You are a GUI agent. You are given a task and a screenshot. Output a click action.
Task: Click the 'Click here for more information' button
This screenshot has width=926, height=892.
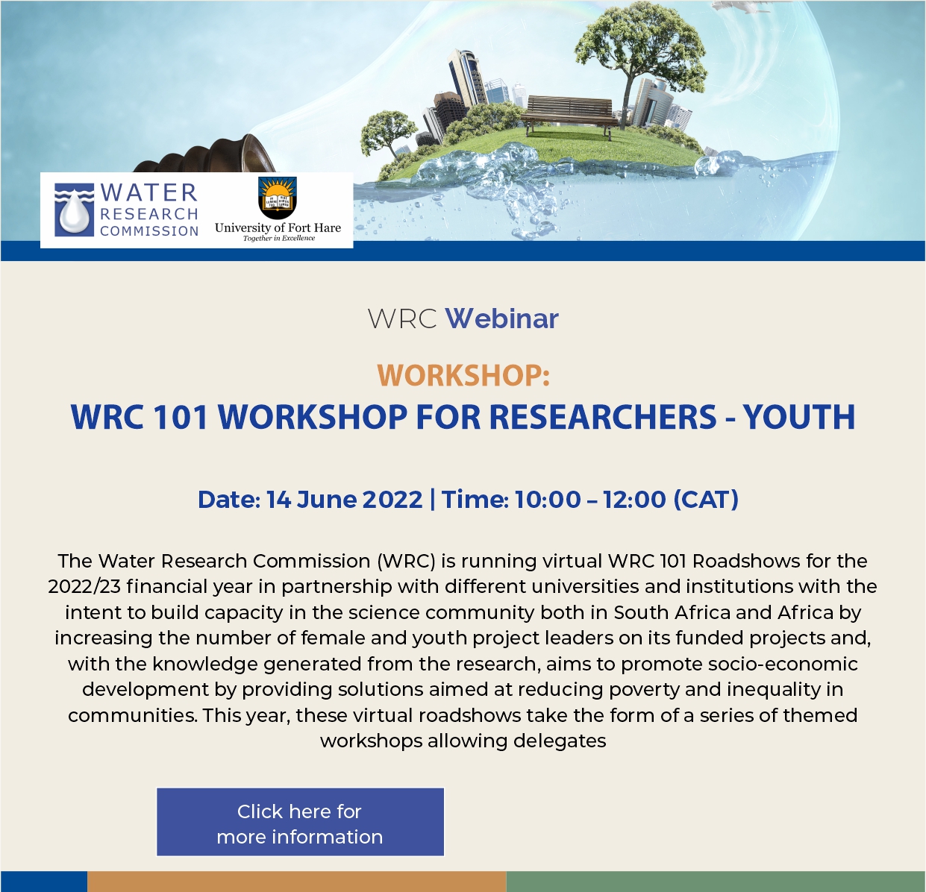(300, 822)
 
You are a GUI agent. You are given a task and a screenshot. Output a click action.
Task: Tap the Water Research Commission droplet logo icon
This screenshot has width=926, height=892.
(74, 210)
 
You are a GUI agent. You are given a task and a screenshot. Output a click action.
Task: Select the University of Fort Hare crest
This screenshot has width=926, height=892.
(277, 198)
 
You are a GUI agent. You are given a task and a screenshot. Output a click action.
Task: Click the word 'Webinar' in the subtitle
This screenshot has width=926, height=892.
(501, 318)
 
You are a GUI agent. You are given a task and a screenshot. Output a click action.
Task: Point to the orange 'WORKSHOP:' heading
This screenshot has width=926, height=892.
(463, 375)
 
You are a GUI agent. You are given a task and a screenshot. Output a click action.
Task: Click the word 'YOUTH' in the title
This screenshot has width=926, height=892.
(799, 416)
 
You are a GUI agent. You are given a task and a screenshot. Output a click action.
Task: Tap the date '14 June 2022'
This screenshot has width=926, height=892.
(344, 500)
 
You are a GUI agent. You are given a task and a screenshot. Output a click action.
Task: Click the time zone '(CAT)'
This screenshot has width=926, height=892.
(706, 499)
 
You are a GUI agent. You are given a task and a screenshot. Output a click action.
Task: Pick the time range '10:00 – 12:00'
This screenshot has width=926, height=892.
(590, 499)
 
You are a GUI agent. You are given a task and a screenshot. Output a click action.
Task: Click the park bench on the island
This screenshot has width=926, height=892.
(569, 115)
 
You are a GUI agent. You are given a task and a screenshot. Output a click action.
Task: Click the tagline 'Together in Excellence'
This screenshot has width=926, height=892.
(279, 238)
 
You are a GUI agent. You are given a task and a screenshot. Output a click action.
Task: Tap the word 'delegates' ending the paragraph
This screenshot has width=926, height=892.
(560, 741)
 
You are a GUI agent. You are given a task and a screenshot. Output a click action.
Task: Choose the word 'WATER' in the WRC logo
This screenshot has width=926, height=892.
(149, 192)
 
